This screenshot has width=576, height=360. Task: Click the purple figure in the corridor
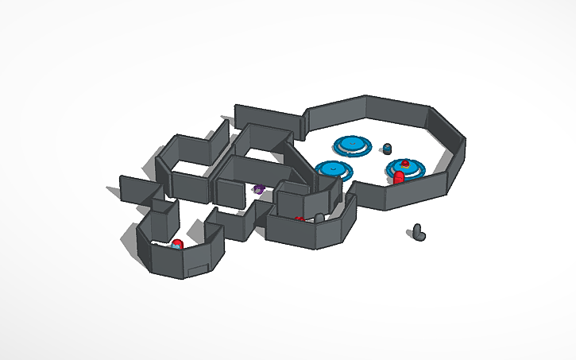click(258, 189)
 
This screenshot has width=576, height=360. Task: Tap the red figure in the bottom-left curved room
click(177, 243)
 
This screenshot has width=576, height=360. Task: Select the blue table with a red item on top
click(406, 168)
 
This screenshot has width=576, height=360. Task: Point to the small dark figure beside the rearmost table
click(387, 149)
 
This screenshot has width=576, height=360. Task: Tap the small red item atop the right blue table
click(405, 163)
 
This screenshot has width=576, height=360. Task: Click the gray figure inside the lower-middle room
click(319, 218)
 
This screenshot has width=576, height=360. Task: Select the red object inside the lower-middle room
click(300, 219)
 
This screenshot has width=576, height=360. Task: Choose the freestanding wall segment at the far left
click(135, 190)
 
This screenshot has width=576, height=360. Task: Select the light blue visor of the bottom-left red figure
click(173, 246)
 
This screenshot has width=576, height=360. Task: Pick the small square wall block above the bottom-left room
click(164, 207)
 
